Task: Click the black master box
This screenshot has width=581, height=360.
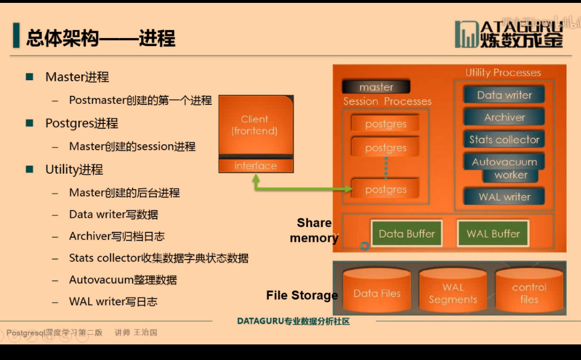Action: click(376, 87)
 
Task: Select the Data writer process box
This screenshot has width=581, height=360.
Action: click(504, 95)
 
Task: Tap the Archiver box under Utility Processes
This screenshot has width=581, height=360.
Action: click(504, 117)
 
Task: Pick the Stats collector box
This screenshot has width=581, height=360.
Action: click(504, 140)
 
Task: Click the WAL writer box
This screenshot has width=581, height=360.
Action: click(504, 197)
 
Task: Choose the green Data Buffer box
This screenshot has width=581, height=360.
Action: click(407, 234)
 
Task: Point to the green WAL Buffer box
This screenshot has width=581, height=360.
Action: click(493, 234)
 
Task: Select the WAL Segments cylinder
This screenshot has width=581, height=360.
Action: click(453, 292)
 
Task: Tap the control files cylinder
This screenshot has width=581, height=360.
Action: click(528, 292)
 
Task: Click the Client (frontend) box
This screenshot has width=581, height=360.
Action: click(255, 125)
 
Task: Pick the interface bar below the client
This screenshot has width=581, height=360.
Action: click(256, 166)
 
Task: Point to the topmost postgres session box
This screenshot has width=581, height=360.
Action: click(385, 124)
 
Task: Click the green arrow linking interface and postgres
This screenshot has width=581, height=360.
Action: click(300, 189)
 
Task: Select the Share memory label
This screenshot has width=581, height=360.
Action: click(314, 230)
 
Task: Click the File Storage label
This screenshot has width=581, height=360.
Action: click(302, 295)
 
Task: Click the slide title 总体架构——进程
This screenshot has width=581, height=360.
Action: click(101, 38)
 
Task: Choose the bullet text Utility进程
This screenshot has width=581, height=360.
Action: click(74, 170)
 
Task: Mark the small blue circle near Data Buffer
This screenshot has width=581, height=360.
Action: click(365, 246)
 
